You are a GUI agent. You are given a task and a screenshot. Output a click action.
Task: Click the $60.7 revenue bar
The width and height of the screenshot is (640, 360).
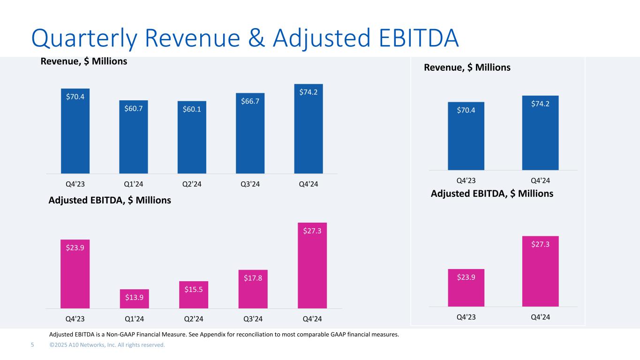pyautogui.click(x=134, y=137)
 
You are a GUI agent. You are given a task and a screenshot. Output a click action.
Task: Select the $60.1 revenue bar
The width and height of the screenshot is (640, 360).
pyautogui.click(x=192, y=137)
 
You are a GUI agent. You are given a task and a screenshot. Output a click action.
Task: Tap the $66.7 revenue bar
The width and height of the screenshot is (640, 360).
pyautogui.click(x=250, y=133)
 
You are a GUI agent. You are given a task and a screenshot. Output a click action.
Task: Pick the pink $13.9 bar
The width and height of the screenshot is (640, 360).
pyautogui.click(x=134, y=299)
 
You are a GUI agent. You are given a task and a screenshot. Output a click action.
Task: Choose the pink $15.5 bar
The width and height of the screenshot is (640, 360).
pyautogui.click(x=194, y=295)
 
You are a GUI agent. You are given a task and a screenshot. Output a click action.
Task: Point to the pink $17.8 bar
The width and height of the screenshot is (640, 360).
pyautogui.click(x=253, y=289)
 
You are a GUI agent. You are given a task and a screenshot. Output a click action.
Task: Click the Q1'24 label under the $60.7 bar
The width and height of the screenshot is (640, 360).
pyautogui.click(x=134, y=184)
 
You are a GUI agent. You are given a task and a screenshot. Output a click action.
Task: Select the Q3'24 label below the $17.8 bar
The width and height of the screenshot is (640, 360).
pyautogui.click(x=253, y=319)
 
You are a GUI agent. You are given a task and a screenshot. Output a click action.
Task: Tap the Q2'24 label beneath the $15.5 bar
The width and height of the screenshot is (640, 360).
pyautogui.click(x=194, y=319)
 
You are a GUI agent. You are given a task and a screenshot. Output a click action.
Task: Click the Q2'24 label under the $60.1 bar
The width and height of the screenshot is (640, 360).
pyautogui.click(x=192, y=184)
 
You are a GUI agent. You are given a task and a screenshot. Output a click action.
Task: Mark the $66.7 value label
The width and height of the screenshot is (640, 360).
pyautogui.click(x=250, y=101)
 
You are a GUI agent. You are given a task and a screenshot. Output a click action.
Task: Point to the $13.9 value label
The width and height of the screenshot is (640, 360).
pyautogui.click(x=134, y=298)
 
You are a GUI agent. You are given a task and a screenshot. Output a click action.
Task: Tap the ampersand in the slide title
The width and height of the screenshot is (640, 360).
pyautogui.click(x=256, y=38)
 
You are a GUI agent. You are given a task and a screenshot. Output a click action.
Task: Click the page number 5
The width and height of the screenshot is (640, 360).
pyautogui.click(x=32, y=345)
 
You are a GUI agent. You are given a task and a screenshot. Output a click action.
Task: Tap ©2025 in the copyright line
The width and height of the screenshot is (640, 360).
pyautogui.click(x=58, y=345)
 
